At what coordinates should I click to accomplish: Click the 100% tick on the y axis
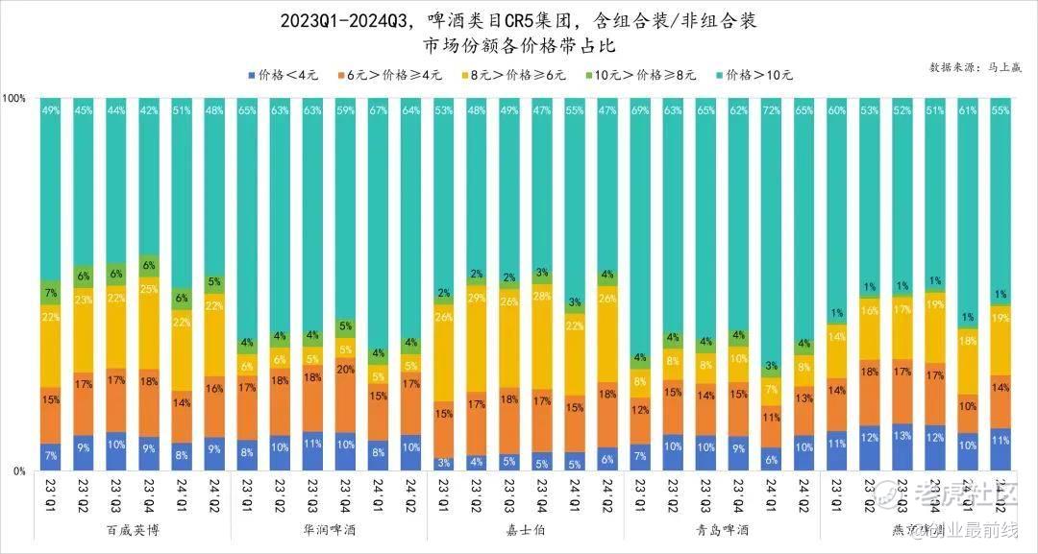pos(15,98)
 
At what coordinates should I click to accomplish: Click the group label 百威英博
pos(133,529)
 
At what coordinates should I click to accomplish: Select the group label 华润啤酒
pos(329,529)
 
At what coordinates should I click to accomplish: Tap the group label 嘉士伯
pos(525,529)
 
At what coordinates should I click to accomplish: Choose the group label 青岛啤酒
pos(721,529)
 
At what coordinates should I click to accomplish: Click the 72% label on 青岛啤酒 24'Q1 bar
pos(771,110)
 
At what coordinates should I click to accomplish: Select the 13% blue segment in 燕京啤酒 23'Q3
pos(902,447)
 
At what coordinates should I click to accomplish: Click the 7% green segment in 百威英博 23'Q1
pos(51,293)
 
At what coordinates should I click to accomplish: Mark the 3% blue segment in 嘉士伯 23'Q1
pos(443,464)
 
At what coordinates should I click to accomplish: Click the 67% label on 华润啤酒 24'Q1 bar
pos(378,110)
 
